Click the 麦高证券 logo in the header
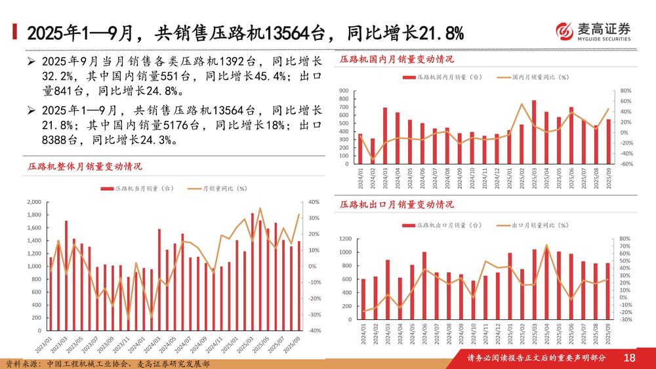593,31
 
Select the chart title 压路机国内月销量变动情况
396,59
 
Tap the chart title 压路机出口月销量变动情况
396,204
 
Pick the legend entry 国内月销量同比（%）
532,77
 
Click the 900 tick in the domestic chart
344,90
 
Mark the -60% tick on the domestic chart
626,164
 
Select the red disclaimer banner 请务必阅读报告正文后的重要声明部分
536,358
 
